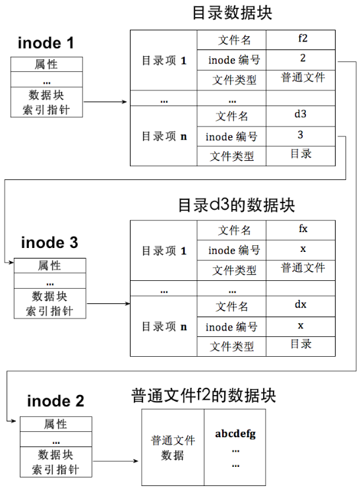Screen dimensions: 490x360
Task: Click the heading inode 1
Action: (46, 44)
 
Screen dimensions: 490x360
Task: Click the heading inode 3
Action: (49, 242)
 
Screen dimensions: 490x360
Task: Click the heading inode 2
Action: (56, 401)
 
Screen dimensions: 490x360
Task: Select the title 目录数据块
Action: (231, 13)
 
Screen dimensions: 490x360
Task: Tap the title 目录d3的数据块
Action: (237, 204)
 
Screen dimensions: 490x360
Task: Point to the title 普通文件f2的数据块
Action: (204, 395)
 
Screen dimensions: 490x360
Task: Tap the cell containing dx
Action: (301, 305)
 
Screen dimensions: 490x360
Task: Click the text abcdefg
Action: (235, 434)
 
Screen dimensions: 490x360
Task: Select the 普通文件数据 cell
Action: (173, 448)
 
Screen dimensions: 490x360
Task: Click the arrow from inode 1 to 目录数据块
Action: (105, 102)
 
